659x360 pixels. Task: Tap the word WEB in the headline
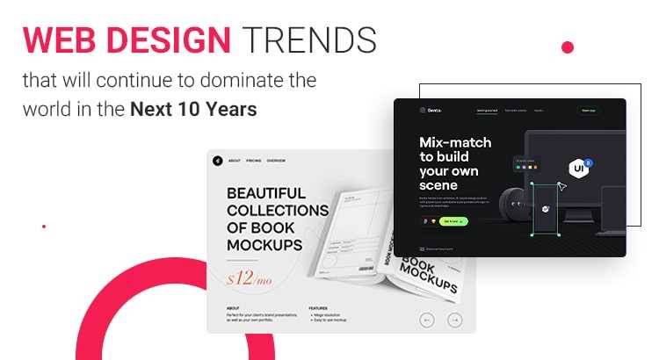point(57,40)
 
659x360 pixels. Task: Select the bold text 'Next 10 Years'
point(194,111)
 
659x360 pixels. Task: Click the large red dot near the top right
point(568,47)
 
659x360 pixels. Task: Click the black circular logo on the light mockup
point(217,161)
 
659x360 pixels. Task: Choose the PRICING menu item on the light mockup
point(254,162)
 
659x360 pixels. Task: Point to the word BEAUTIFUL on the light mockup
point(266,192)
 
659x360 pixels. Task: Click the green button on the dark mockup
point(454,221)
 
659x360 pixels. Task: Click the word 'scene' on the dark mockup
point(438,185)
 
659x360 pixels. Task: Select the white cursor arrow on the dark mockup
point(562,185)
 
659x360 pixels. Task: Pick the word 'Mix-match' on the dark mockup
point(455,142)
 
